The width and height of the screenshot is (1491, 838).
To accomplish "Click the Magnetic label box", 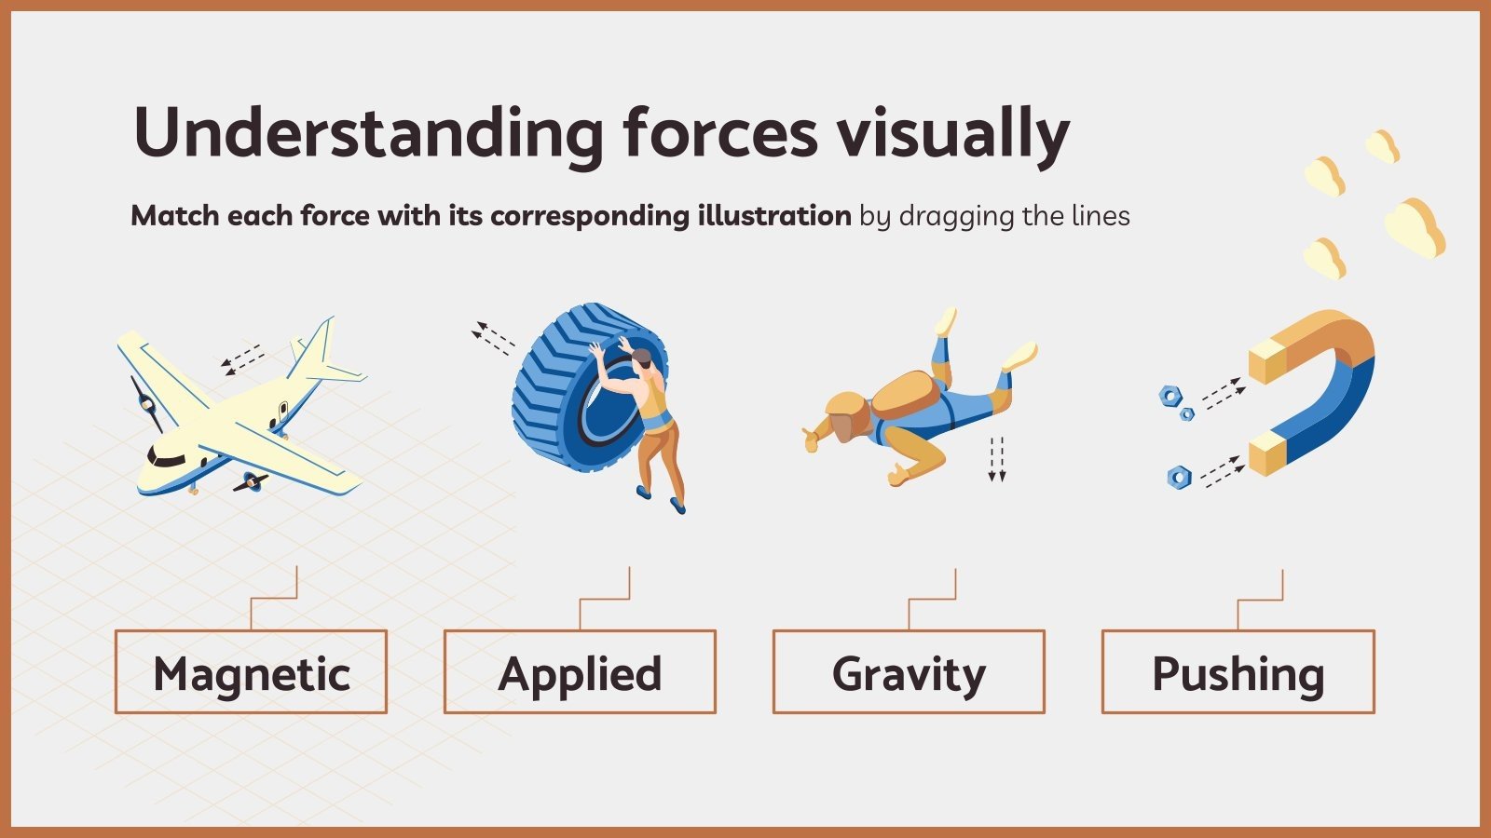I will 251,672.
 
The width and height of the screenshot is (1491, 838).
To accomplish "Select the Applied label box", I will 580,672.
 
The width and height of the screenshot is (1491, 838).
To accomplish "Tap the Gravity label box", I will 909,672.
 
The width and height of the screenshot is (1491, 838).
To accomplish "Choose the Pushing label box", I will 1238,672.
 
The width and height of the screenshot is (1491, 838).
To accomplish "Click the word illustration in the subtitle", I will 773,216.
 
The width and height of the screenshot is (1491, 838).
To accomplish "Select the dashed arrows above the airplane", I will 242,358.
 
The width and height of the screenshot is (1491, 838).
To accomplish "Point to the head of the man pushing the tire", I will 641,358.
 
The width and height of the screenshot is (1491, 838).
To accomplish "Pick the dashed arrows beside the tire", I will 492,337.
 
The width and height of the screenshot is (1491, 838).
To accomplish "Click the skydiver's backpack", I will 904,395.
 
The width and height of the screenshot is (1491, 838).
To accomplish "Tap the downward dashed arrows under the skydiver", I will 997,458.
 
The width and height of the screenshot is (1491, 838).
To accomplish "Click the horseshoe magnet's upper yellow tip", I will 1269,363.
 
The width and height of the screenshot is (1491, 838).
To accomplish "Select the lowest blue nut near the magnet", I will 1179,478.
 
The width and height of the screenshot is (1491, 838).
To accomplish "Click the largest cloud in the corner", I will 1414,228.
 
